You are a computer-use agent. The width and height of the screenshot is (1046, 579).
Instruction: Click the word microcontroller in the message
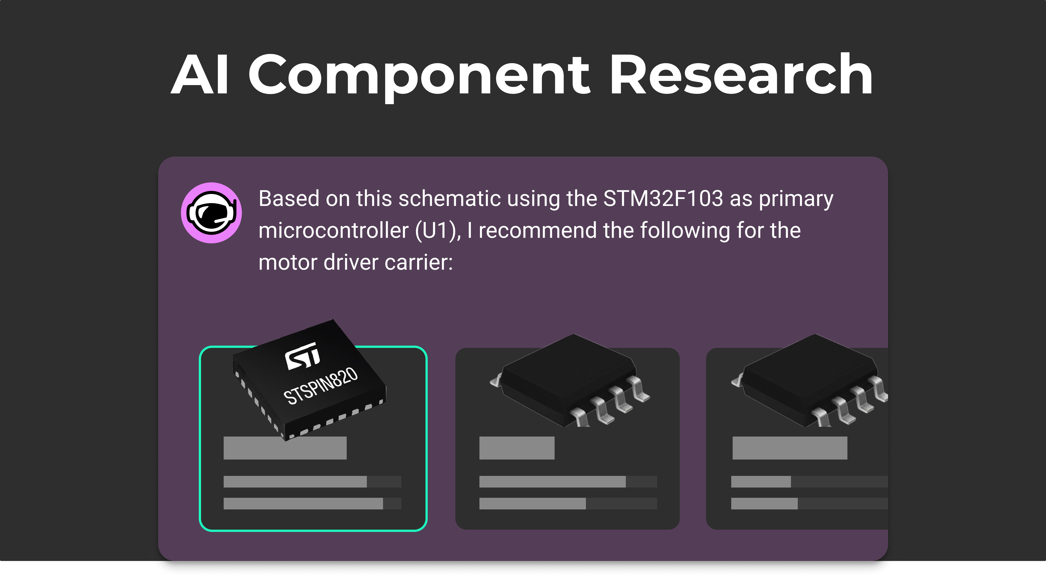click(333, 231)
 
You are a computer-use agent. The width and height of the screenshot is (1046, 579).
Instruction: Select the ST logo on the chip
click(302, 356)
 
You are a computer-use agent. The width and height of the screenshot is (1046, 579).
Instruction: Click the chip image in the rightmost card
click(809, 380)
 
